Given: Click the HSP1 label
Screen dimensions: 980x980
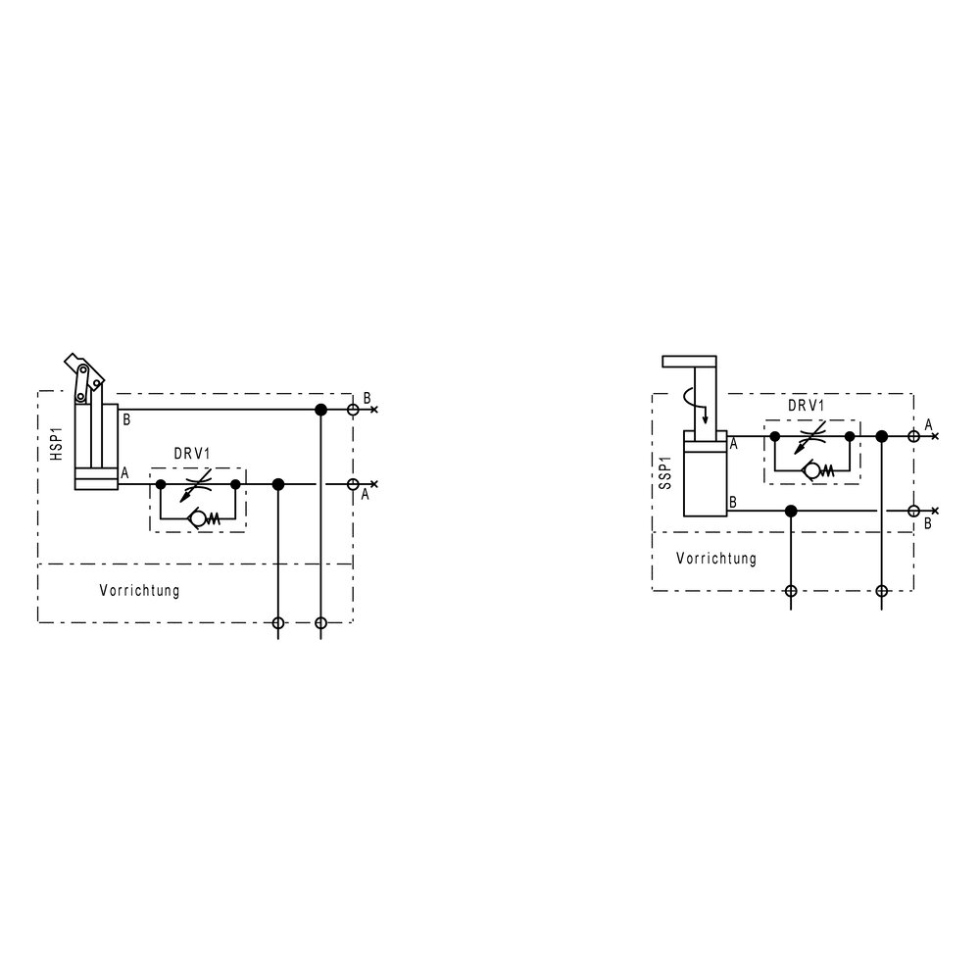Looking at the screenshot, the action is (57, 444).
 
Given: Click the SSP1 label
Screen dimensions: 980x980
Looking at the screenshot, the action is (665, 472).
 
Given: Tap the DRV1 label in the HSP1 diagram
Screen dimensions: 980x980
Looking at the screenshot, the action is (192, 454).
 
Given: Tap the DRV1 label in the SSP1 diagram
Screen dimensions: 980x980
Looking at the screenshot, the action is (806, 405).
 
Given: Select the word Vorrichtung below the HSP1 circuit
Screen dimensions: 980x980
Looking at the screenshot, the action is (139, 591).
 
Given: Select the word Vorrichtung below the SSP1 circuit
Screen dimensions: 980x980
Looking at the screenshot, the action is (716, 559).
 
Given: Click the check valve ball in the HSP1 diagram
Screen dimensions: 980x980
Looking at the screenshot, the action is (198, 518).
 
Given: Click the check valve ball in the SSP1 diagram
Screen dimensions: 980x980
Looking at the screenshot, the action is (811, 470).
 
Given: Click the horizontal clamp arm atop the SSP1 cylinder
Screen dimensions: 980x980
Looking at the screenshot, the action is (689, 362).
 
